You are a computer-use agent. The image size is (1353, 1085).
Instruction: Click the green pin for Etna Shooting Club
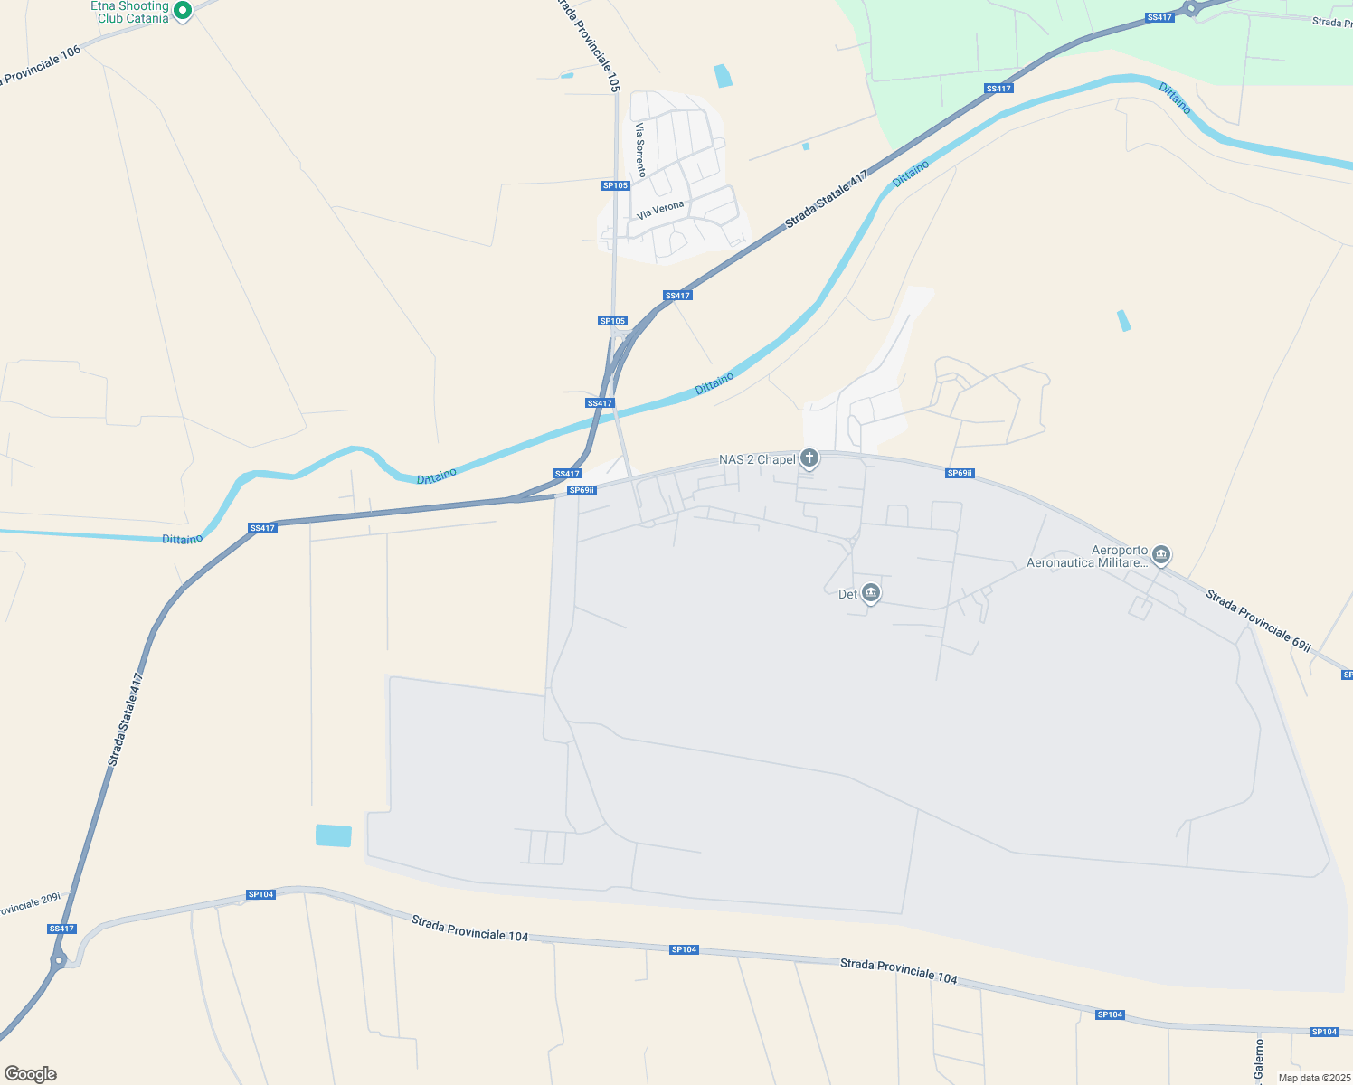(x=182, y=11)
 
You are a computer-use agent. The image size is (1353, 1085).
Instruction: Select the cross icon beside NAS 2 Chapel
(x=809, y=458)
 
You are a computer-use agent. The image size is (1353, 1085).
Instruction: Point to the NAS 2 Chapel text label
(x=757, y=460)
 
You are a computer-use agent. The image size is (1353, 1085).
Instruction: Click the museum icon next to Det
(x=871, y=593)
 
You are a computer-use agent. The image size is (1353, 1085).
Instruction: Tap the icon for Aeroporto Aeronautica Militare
(x=1161, y=554)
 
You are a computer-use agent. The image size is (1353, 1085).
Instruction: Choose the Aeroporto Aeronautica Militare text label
(x=1087, y=557)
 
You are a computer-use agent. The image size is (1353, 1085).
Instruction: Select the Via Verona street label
(x=660, y=211)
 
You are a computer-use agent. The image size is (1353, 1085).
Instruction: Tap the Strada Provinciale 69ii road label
(x=1258, y=619)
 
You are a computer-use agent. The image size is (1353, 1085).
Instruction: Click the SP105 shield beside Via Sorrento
(x=615, y=185)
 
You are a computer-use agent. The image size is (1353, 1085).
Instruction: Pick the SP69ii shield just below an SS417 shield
(x=582, y=490)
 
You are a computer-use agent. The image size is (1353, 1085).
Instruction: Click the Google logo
(x=31, y=1074)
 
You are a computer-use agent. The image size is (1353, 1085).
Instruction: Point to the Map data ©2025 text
(x=1312, y=1078)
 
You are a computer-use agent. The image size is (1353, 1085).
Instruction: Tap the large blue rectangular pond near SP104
(x=333, y=835)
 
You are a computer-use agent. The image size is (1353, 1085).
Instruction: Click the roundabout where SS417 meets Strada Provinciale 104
(x=59, y=959)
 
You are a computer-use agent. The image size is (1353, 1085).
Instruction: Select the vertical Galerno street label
(x=1259, y=1060)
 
